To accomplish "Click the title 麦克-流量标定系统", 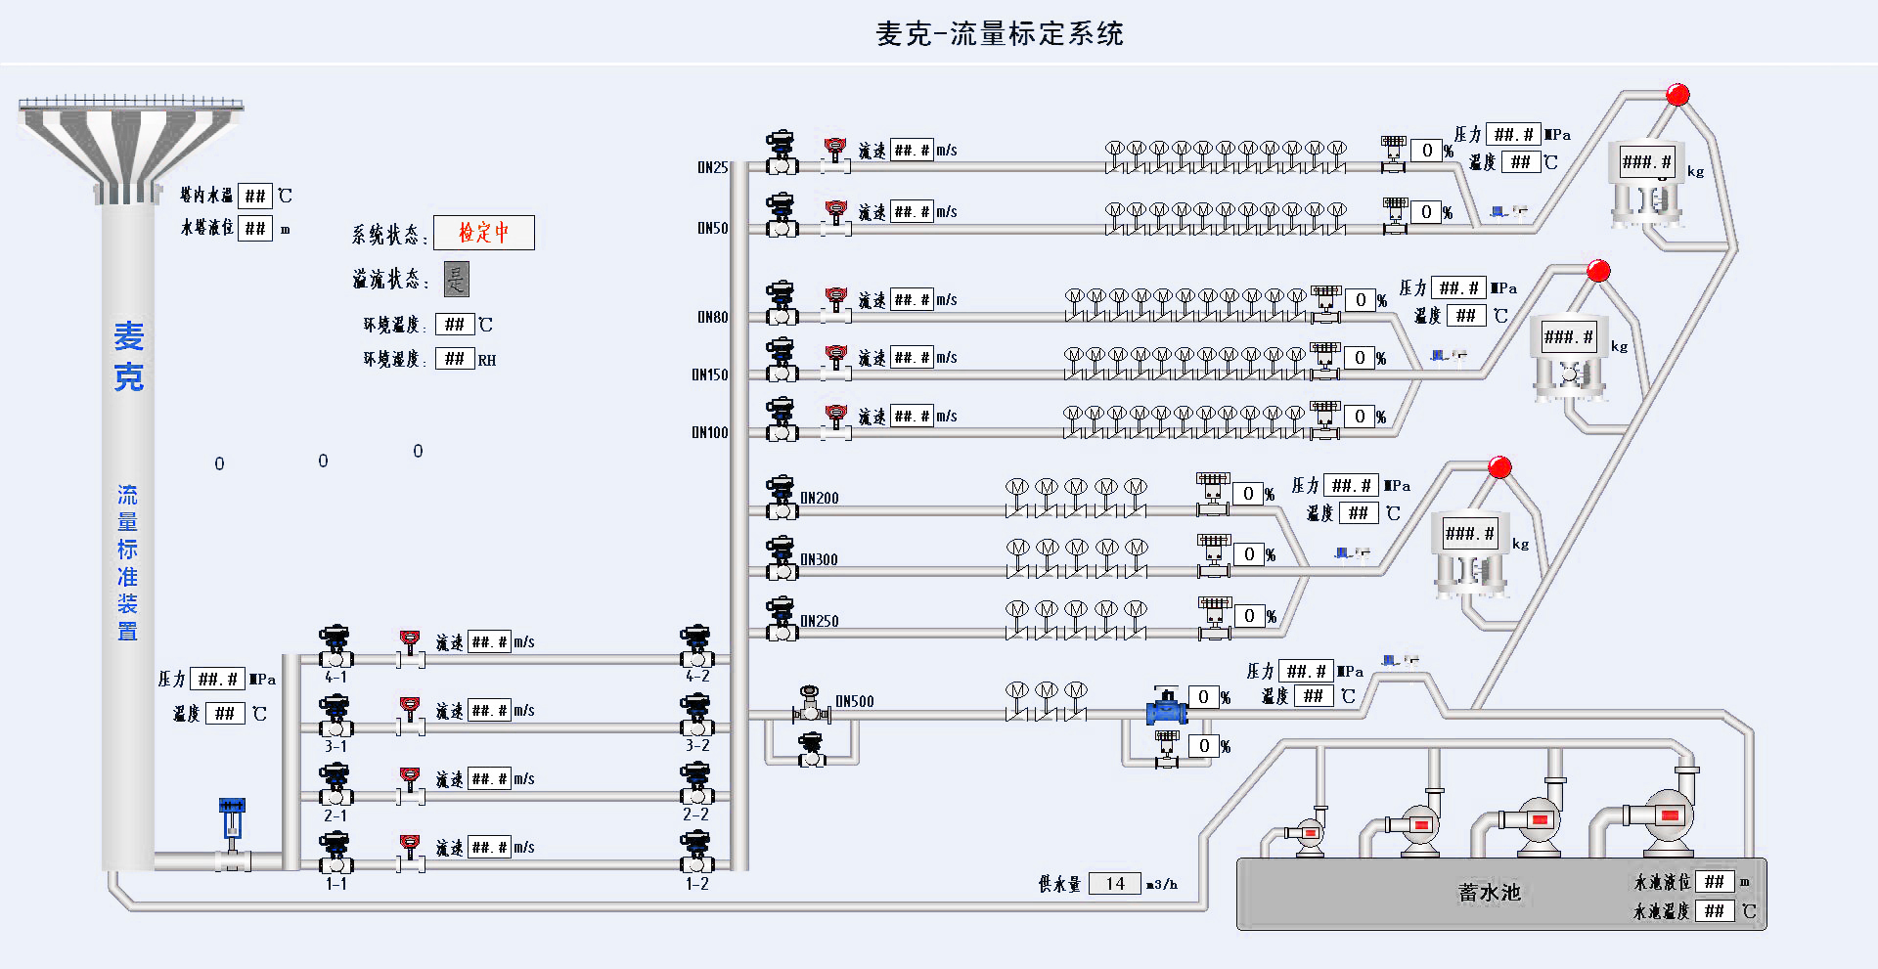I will pos(999,34).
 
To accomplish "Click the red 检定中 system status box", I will pos(484,233).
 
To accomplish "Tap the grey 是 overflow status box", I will pos(456,279).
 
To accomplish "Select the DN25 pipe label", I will pos(712,167).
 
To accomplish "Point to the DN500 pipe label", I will pos(854,701).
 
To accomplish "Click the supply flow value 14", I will pos(1114,884).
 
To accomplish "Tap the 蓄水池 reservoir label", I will pos(1489,893).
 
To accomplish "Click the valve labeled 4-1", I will pos(335,647).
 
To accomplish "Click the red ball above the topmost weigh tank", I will pos(1677,95).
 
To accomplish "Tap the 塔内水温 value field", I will pos(255,196).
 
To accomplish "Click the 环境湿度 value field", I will pos(455,359).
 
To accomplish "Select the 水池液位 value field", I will pos(1714,882).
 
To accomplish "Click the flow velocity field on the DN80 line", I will pos(912,300).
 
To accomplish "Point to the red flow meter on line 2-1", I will pos(411,779).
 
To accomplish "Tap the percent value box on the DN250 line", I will pos(1249,616).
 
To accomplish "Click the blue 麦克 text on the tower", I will pos(128,356).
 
